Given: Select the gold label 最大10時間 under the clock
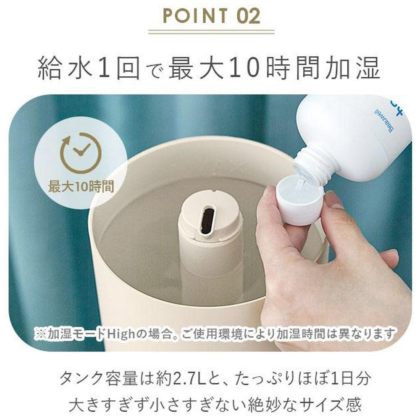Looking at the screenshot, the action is (81, 186).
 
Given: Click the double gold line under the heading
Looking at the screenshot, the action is (211, 32).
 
